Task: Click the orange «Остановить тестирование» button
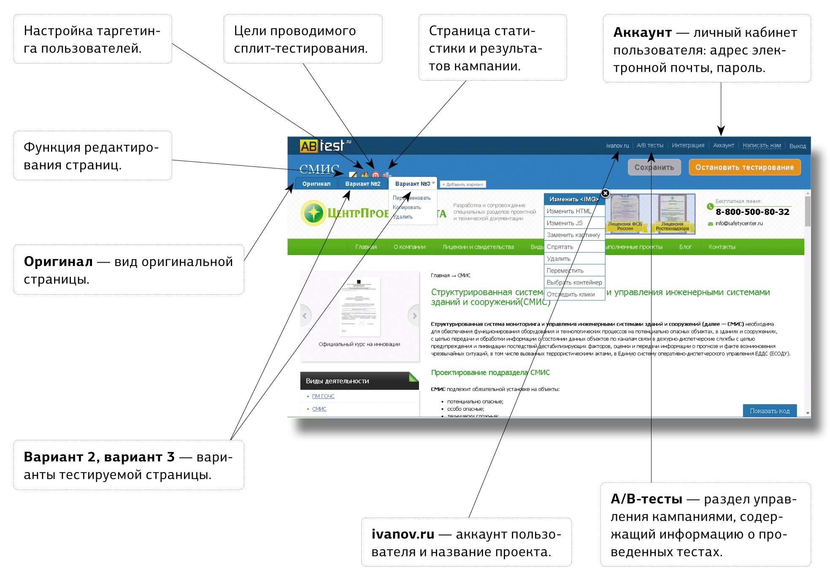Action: click(x=744, y=167)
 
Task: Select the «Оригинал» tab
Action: click(x=316, y=184)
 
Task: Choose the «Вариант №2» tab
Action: click(x=362, y=184)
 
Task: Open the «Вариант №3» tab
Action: click(x=412, y=184)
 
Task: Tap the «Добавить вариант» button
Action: click(x=462, y=185)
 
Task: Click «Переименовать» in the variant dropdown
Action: click(x=411, y=198)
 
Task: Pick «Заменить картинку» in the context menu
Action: click(x=573, y=235)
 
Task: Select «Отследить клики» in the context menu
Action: click(x=570, y=294)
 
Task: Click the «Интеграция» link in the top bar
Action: click(x=688, y=145)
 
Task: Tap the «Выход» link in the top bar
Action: click(x=797, y=146)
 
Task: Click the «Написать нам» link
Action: click(x=761, y=145)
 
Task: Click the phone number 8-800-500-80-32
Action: click(x=752, y=212)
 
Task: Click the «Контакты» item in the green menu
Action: click(x=722, y=247)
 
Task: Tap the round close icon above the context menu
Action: click(x=605, y=193)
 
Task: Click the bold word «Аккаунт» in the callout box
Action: click(x=642, y=33)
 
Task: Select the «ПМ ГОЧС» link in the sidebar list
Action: click(x=323, y=396)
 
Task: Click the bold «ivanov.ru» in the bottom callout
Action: click(x=403, y=534)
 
